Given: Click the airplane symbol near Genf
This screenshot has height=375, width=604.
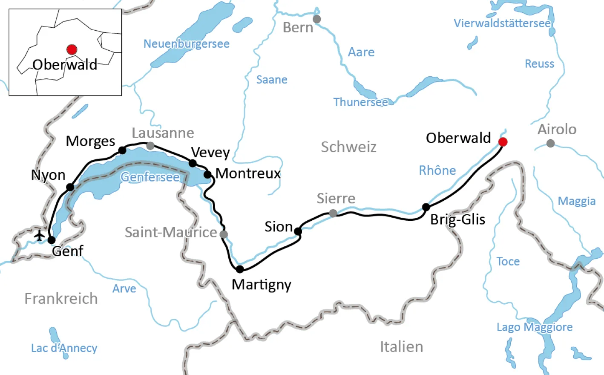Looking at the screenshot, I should (x=40, y=235).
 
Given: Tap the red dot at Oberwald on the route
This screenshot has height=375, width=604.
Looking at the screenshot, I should (x=503, y=142).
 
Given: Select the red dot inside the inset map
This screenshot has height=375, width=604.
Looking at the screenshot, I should (x=72, y=49).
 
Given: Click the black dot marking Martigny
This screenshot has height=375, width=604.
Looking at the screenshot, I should (x=240, y=269).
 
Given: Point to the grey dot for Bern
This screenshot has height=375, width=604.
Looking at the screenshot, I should (x=316, y=19).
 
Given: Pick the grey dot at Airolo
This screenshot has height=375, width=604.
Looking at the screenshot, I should (x=550, y=144).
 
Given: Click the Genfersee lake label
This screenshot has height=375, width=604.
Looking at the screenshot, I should (x=150, y=177).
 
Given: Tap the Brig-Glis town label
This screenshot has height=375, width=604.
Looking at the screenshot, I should (x=457, y=219).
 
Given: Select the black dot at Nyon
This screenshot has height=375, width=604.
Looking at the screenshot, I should (x=70, y=187).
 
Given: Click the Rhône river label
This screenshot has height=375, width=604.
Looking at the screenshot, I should (x=437, y=170).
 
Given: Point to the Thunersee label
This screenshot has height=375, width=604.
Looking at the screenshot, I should (x=360, y=102).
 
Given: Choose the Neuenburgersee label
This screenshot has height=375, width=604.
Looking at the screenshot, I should (x=186, y=44).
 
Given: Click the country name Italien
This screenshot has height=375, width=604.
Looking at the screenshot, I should (x=401, y=347).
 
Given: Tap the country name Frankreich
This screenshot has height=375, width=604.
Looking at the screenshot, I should (x=61, y=299).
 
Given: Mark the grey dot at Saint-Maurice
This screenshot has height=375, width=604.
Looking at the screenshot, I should (x=224, y=234).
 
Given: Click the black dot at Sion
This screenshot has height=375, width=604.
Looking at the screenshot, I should (x=298, y=231).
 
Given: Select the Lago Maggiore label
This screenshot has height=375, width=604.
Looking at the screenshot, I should (x=534, y=327).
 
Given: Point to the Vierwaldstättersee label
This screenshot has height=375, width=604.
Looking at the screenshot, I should (x=502, y=23).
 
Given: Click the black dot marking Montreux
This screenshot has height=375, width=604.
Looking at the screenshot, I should (x=207, y=174).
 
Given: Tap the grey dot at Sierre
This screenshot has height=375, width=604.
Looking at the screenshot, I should (x=333, y=213).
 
